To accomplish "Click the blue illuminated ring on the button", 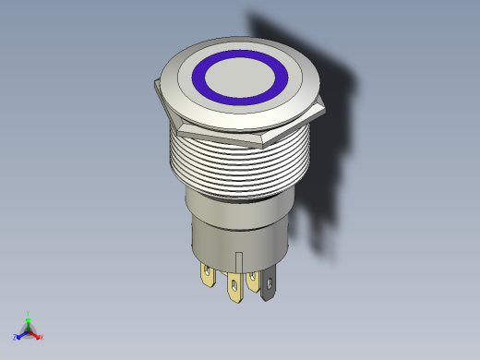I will (205, 78).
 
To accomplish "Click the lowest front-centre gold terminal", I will (234, 290).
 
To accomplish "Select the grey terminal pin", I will (267, 286).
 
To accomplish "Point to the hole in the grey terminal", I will (269, 282).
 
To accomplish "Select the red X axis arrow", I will (36, 334).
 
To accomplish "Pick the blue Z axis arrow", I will (21, 335).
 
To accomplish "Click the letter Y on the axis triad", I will (29, 313).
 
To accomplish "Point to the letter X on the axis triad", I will (42, 337).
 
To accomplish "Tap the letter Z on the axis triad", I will (16, 338).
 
